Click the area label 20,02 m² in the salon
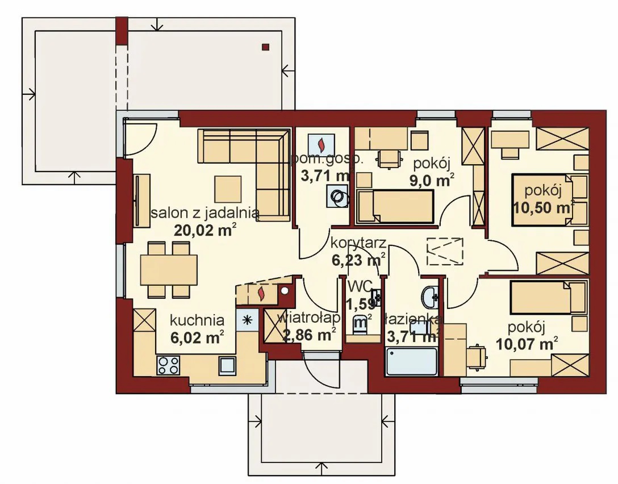[205, 230]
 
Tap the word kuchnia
[197, 320]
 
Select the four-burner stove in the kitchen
[168, 365]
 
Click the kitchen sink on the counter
[227, 365]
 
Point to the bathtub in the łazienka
[412, 361]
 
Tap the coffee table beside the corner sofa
[228, 189]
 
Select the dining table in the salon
[169, 270]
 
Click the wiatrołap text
[309, 318]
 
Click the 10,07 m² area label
[527, 344]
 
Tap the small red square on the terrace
[266, 47]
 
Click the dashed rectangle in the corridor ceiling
[445, 252]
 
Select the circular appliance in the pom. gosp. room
[337, 196]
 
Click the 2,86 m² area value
[309, 335]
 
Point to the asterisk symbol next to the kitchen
[248, 320]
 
